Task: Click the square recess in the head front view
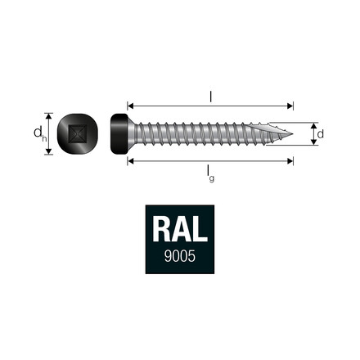click(78, 133)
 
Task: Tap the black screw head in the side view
click(119, 133)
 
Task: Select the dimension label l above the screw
click(210, 97)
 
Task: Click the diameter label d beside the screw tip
click(321, 133)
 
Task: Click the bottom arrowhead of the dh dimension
click(48, 151)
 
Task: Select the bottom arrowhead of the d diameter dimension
click(312, 142)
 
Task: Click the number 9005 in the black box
click(178, 257)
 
